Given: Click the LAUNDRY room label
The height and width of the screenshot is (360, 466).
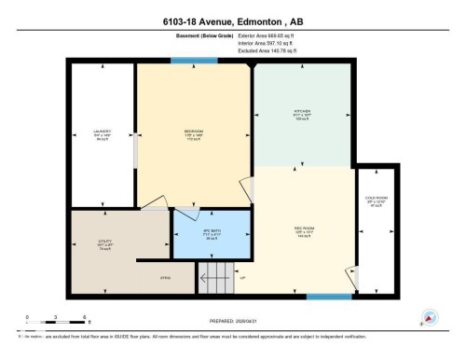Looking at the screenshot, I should pyautogui.click(x=103, y=132).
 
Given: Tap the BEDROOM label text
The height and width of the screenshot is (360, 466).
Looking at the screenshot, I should pyautogui.click(x=194, y=132).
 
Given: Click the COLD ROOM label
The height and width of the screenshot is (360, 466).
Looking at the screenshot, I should pyautogui.click(x=377, y=200).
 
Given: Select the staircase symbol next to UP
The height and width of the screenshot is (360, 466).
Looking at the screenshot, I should pyautogui.click(x=215, y=276).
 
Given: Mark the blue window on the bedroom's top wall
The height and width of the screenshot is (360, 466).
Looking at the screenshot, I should pyautogui.click(x=193, y=62).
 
